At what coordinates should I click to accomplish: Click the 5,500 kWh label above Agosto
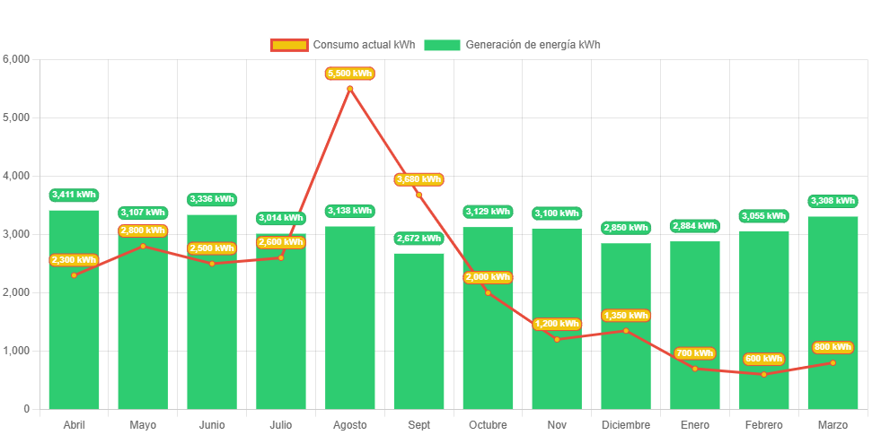point(349,74)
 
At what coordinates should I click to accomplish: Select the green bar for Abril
point(74,341)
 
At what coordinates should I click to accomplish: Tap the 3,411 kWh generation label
point(74,195)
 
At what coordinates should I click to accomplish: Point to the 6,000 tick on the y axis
point(17,59)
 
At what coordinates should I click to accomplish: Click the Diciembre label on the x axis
point(625,424)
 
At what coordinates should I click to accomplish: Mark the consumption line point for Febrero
point(763,374)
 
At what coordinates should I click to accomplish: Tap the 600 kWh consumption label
point(763,359)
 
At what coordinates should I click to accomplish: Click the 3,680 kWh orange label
point(418,179)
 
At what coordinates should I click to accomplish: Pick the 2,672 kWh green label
point(418,239)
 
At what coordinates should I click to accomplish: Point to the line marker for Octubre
point(488,292)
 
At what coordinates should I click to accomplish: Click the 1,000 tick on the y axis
point(17,351)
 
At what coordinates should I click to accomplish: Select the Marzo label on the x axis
point(832,424)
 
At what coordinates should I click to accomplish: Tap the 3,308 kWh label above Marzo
point(832,201)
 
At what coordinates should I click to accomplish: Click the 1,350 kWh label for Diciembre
point(625,316)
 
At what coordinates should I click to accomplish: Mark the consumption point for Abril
point(74,274)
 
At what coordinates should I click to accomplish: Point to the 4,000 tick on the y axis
point(17,176)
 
